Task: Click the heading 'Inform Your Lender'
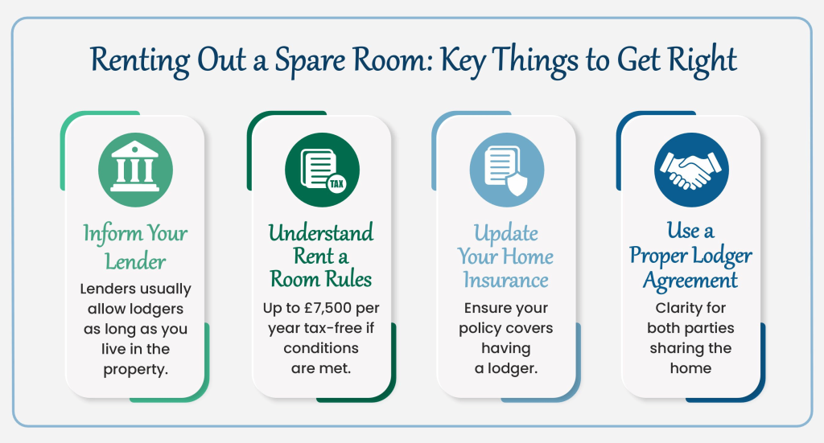[x=135, y=247]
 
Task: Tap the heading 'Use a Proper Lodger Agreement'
[x=691, y=256]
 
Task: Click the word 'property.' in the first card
[x=135, y=369]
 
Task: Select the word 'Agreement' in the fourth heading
[x=692, y=280]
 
